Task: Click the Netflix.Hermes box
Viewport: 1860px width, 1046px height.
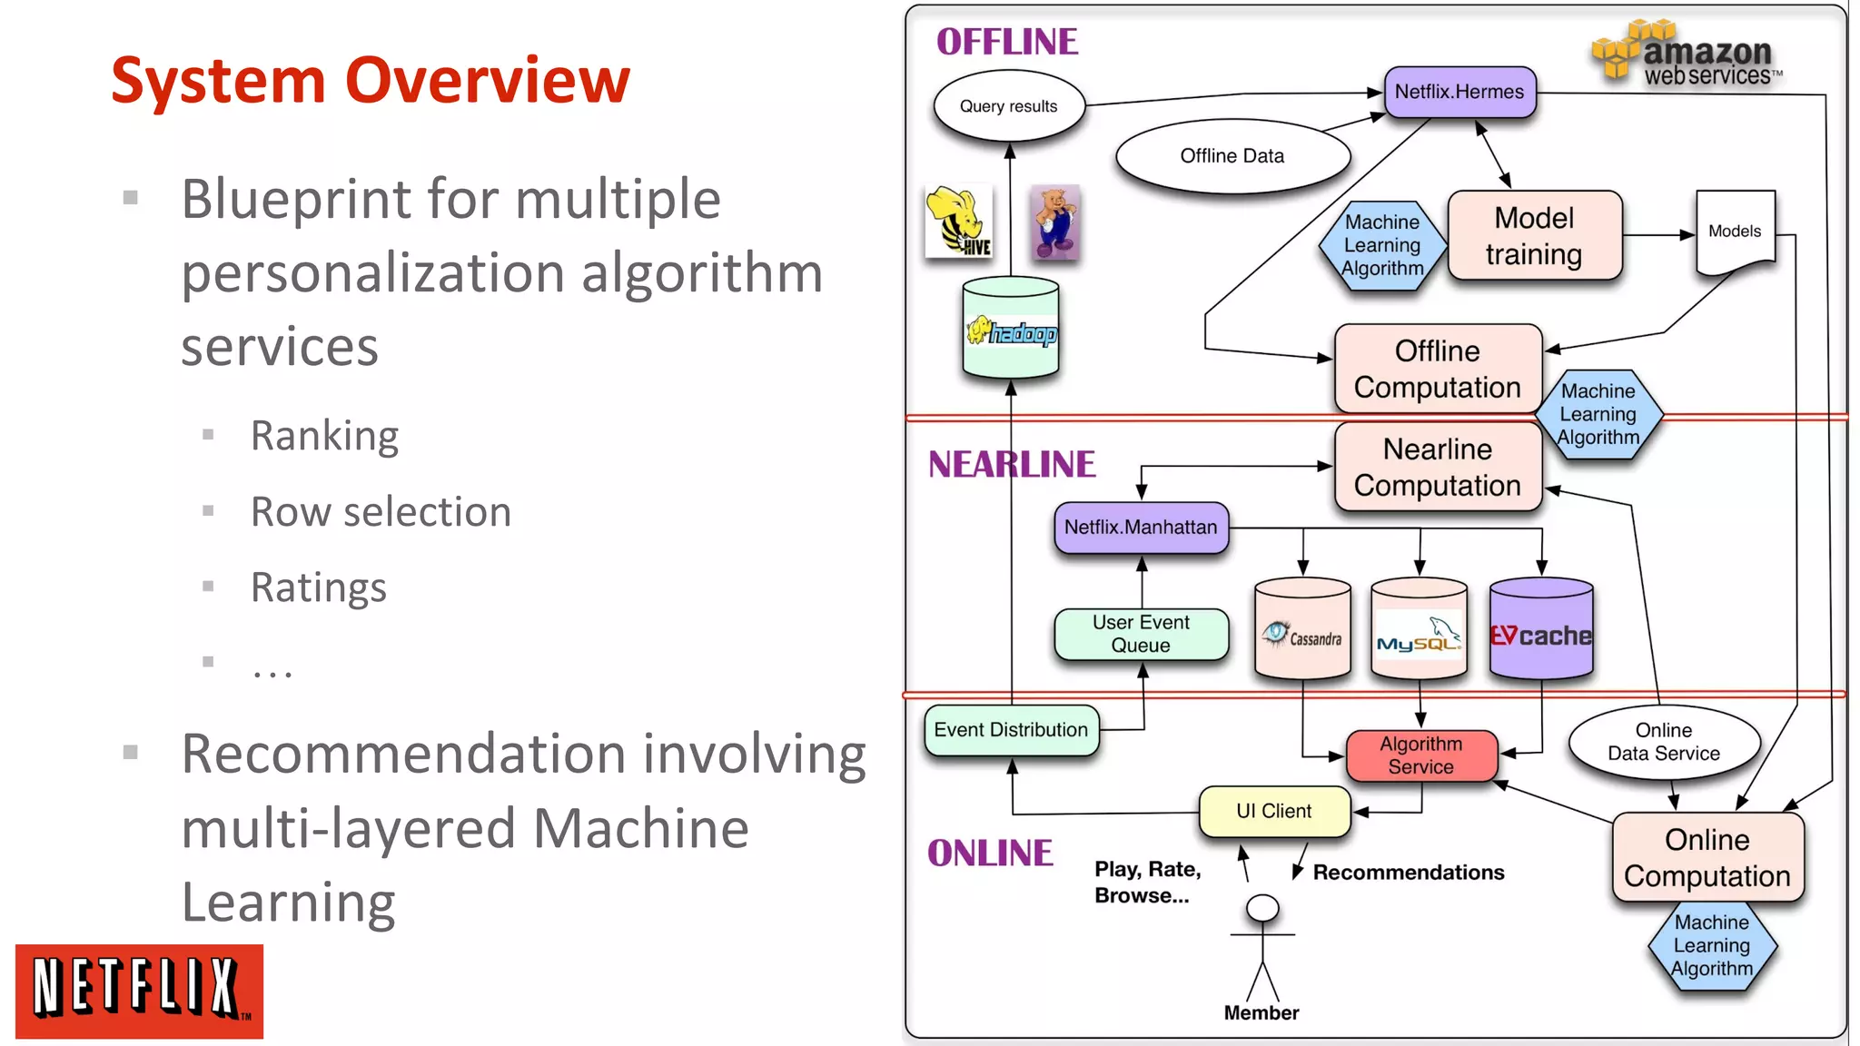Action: (x=1459, y=92)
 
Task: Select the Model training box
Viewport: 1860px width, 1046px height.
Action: (x=1534, y=235)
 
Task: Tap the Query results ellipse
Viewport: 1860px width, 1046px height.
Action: (x=1008, y=106)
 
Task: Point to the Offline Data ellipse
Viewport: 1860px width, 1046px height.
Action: (x=1232, y=156)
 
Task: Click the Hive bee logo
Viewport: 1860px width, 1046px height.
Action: (x=959, y=222)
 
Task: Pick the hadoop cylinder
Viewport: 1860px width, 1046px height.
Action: (x=1011, y=329)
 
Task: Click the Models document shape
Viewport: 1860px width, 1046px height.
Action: (x=1735, y=232)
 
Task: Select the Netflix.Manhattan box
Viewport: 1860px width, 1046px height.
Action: (x=1141, y=528)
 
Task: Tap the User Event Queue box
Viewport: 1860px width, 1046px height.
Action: (x=1141, y=634)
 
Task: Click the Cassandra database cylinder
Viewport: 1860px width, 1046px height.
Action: (x=1302, y=630)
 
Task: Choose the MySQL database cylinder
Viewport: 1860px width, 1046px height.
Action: (x=1419, y=630)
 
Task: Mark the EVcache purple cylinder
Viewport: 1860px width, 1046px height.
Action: (x=1541, y=630)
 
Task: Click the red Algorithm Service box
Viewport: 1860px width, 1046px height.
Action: (x=1421, y=755)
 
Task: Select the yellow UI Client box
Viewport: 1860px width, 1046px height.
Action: (x=1273, y=811)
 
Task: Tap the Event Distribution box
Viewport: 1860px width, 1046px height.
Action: (x=1011, y=730)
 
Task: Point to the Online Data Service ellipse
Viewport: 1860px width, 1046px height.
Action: (x=1663, y=743)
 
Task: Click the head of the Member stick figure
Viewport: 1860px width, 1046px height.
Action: (x=1262, y=908)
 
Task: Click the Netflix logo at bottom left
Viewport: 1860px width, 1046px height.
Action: (x=139, y=991)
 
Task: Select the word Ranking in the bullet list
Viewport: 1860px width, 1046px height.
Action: (x=324, y=436)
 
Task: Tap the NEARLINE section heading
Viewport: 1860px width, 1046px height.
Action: (x=1011, y=465)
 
